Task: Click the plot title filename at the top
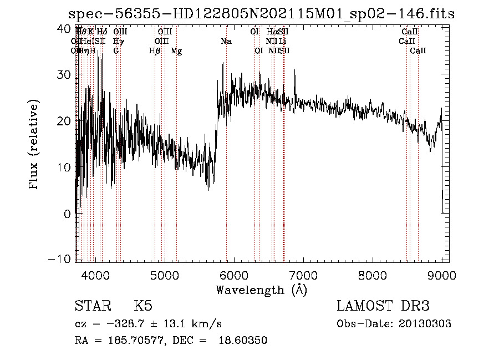coord(261,14)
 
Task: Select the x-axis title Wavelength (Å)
coord(261,290)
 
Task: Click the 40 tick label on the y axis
coord(64,28)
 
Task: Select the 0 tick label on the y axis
coord(68,213)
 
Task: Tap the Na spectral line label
coord(226,42)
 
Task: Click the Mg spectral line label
coord(176,51)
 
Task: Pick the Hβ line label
coord(155,51)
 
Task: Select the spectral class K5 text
coord(143,307)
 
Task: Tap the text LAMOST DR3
coord(383,307)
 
